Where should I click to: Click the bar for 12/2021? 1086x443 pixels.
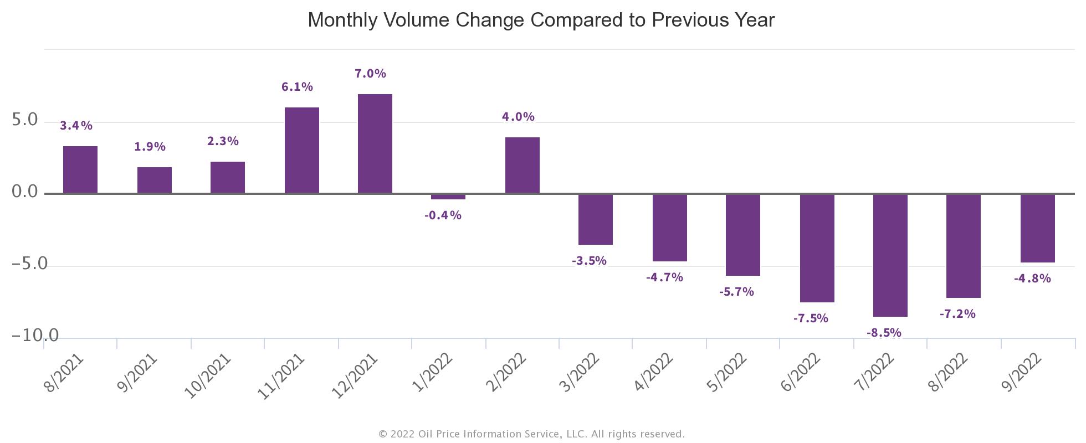[x=375, y=144]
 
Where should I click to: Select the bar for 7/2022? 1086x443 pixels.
[x=890, y=255]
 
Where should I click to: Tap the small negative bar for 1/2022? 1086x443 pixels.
[x=448, y=197]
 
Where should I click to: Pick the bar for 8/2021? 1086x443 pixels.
[x=80, y=170]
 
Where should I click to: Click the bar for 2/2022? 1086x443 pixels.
[x=522, y=166]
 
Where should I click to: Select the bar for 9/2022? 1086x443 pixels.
[x=1038, y=228]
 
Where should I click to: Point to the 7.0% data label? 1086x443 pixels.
[x=370, y=74]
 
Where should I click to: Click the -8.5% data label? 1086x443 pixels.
[x=884, y=333]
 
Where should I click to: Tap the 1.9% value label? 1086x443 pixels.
[x=150, y=147]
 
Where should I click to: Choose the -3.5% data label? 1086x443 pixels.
[x=589, y=261]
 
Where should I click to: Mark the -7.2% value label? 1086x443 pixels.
[x=957, y=314]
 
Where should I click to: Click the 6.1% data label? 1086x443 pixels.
[x=297, y=87]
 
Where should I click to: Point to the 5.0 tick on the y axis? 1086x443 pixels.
[x=25, y=120]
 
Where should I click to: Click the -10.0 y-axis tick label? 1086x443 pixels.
[x=35, y=336]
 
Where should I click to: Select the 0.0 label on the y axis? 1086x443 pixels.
[x=25, y=192]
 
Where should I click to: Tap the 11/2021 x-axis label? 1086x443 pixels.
[x=282, y=377]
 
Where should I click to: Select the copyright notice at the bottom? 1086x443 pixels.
[x=531, y=434]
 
